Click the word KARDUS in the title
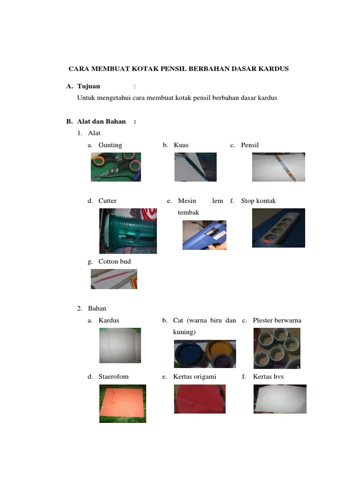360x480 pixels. coord(273,68)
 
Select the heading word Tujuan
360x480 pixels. coord(89,86)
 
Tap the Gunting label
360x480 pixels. coord(110,145)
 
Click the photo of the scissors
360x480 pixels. coord(116,167)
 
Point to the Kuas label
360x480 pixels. coord(181,145)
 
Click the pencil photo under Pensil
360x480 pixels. coord(278,167)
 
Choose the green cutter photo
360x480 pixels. coord(128,231)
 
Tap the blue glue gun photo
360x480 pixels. coord(204,235)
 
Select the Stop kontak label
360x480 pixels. coord(258,201)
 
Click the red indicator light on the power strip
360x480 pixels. coord(267,241)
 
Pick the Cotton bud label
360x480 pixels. coord(114,262)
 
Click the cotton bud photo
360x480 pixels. coord(114,279)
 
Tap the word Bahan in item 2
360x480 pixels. coord(97,308)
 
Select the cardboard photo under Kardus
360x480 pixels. coord(120,345)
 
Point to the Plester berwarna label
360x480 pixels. coord(277,321)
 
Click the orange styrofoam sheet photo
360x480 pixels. coord(123,404)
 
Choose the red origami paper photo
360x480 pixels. coord(200,399)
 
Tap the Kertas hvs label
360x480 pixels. coord(268,376)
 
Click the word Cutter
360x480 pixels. coord(107,201)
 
